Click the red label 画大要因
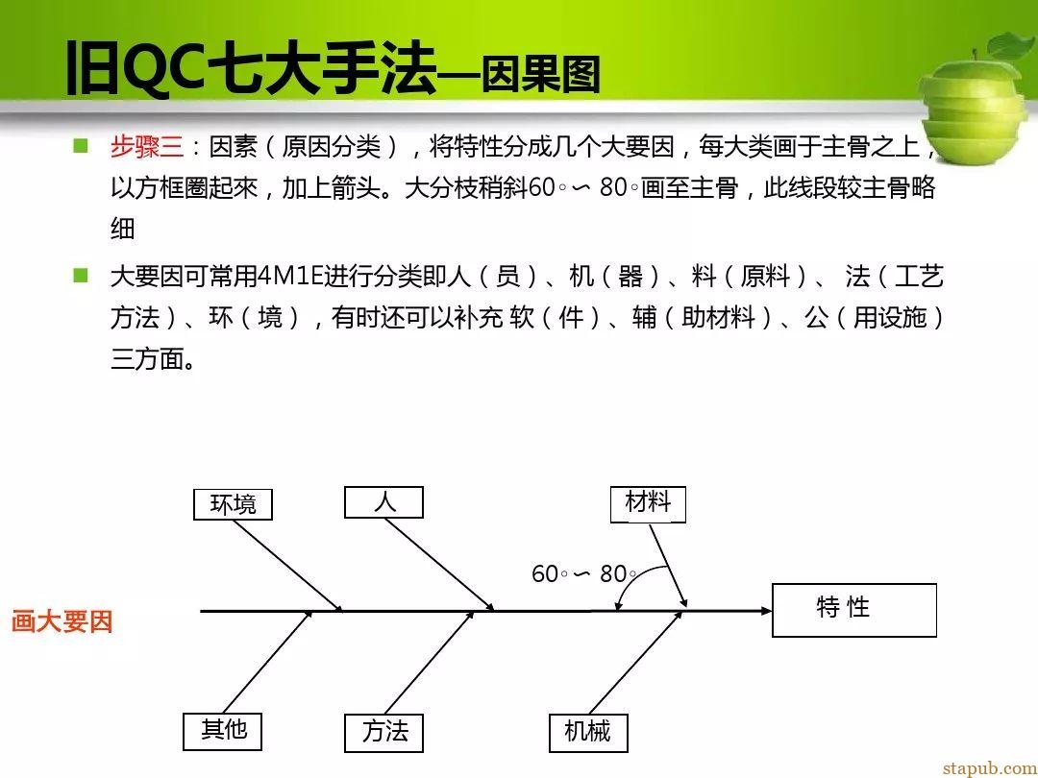click(62, 621)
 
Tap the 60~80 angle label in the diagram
click(583, 572)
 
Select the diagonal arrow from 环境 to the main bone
click(288, 566)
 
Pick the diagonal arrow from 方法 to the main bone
click(430, 662)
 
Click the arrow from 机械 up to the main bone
click(635, 662)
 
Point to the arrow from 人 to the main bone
click(439, 565)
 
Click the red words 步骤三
click(147, 146)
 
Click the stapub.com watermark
click(989, 767)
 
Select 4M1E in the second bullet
click(289, 276)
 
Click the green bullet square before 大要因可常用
click(81, 275)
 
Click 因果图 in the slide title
click(539, 73)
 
